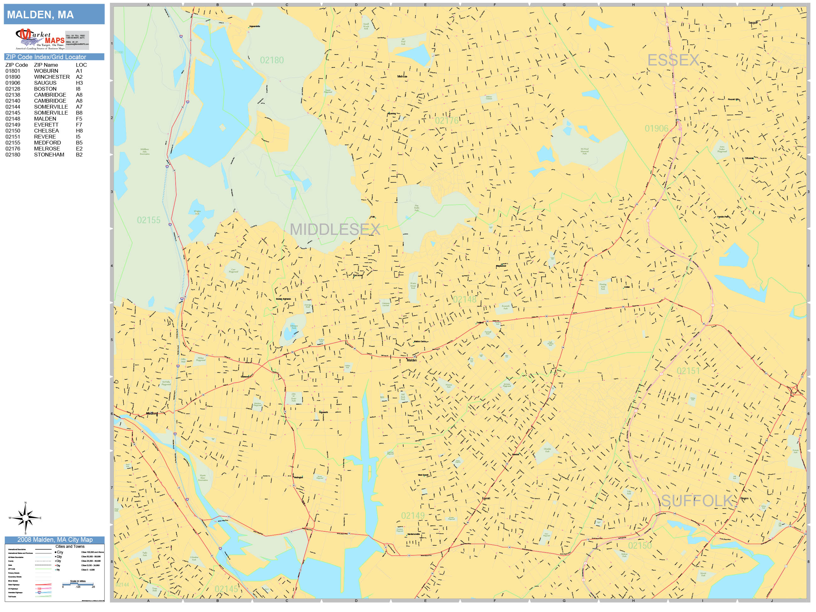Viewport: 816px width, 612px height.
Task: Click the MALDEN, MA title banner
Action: (54, 14)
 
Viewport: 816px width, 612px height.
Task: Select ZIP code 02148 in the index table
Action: (13, 119)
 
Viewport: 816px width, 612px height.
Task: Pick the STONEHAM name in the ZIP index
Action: (49, 155)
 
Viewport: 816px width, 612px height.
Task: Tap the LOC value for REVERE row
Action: (78, 137)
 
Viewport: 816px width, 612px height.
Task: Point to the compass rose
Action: (25, 518)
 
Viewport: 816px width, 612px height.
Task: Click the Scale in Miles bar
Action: (78, 584)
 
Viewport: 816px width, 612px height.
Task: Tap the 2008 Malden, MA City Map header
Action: (54, 540)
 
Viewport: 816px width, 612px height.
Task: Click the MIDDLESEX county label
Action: (335, 229)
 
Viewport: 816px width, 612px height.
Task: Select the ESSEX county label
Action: (673, 60)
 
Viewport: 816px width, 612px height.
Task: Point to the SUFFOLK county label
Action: (696, 501)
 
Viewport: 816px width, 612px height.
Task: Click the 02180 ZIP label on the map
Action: (272, 60)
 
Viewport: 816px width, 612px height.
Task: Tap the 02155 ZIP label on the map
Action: (149, 220)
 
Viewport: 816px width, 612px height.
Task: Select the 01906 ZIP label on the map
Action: (656, 128)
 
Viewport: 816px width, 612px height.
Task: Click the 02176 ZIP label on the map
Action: (446, 121)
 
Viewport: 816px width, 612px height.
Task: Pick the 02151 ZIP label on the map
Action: (688, 371)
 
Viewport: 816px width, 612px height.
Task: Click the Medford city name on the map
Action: (152, 414)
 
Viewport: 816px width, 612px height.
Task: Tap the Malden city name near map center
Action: (411, 360)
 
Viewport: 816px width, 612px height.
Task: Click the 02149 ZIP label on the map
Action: (412, 516)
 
